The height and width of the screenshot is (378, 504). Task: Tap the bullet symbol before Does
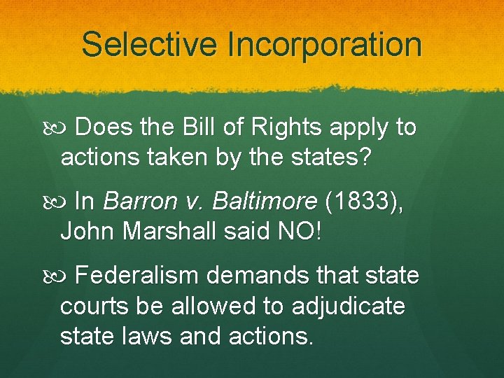pyautogui.click(x=61, y=129)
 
